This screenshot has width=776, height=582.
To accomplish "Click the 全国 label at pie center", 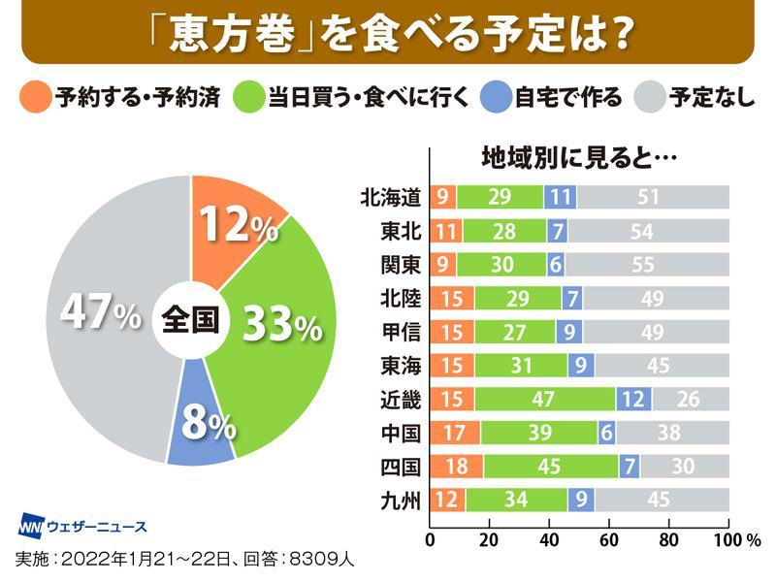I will [190, 318].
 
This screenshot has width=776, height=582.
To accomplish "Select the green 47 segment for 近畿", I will [544, 399].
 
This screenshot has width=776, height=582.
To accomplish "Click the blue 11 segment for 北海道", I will [560, 197].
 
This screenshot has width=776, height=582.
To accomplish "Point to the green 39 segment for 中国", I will [539, 433].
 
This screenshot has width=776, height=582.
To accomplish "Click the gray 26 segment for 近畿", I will [691, 399].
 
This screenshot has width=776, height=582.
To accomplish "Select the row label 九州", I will [401, 501].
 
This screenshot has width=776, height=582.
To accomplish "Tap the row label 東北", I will [401, 232].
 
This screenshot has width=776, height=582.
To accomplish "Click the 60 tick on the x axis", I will [609, 539].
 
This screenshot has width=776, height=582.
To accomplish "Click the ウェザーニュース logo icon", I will [33, 526].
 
